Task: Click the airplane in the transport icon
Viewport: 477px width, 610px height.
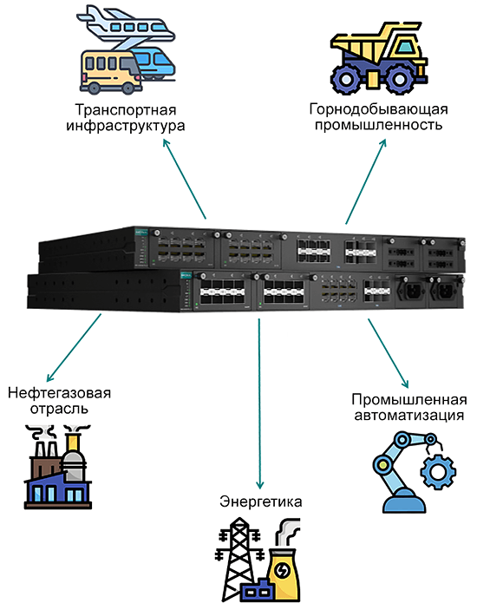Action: [x=128, y=28]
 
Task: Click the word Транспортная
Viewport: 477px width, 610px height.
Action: [x=126, y=110]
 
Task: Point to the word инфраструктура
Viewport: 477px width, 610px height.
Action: [x=126, y=126]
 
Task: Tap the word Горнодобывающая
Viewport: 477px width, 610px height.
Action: [x=379, y=109]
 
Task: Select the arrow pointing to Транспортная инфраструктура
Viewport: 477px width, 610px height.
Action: [x=184, y=180]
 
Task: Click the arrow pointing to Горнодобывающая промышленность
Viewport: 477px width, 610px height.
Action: [x=366, y=180]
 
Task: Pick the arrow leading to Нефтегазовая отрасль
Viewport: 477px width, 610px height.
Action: [x=74, y=348]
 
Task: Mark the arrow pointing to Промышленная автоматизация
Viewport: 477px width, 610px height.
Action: [x=389, y=353]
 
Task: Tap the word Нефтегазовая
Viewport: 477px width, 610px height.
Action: [x=60, y=393]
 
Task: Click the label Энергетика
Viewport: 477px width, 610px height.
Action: [x=260, y=502]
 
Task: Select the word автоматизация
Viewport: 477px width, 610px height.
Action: [x=409, y=416]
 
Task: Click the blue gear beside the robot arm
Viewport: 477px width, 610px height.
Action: [x=438, y=472]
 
